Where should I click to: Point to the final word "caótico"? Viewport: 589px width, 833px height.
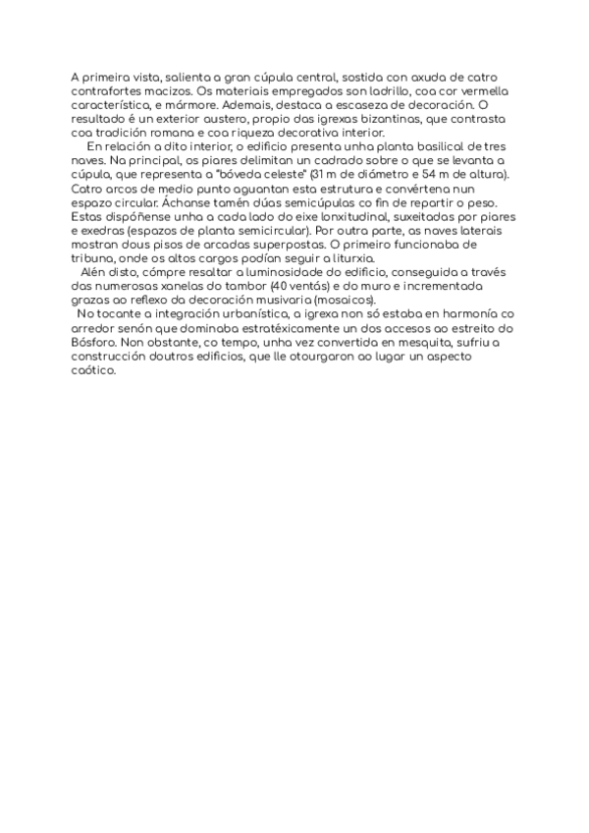pos(94,369)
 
